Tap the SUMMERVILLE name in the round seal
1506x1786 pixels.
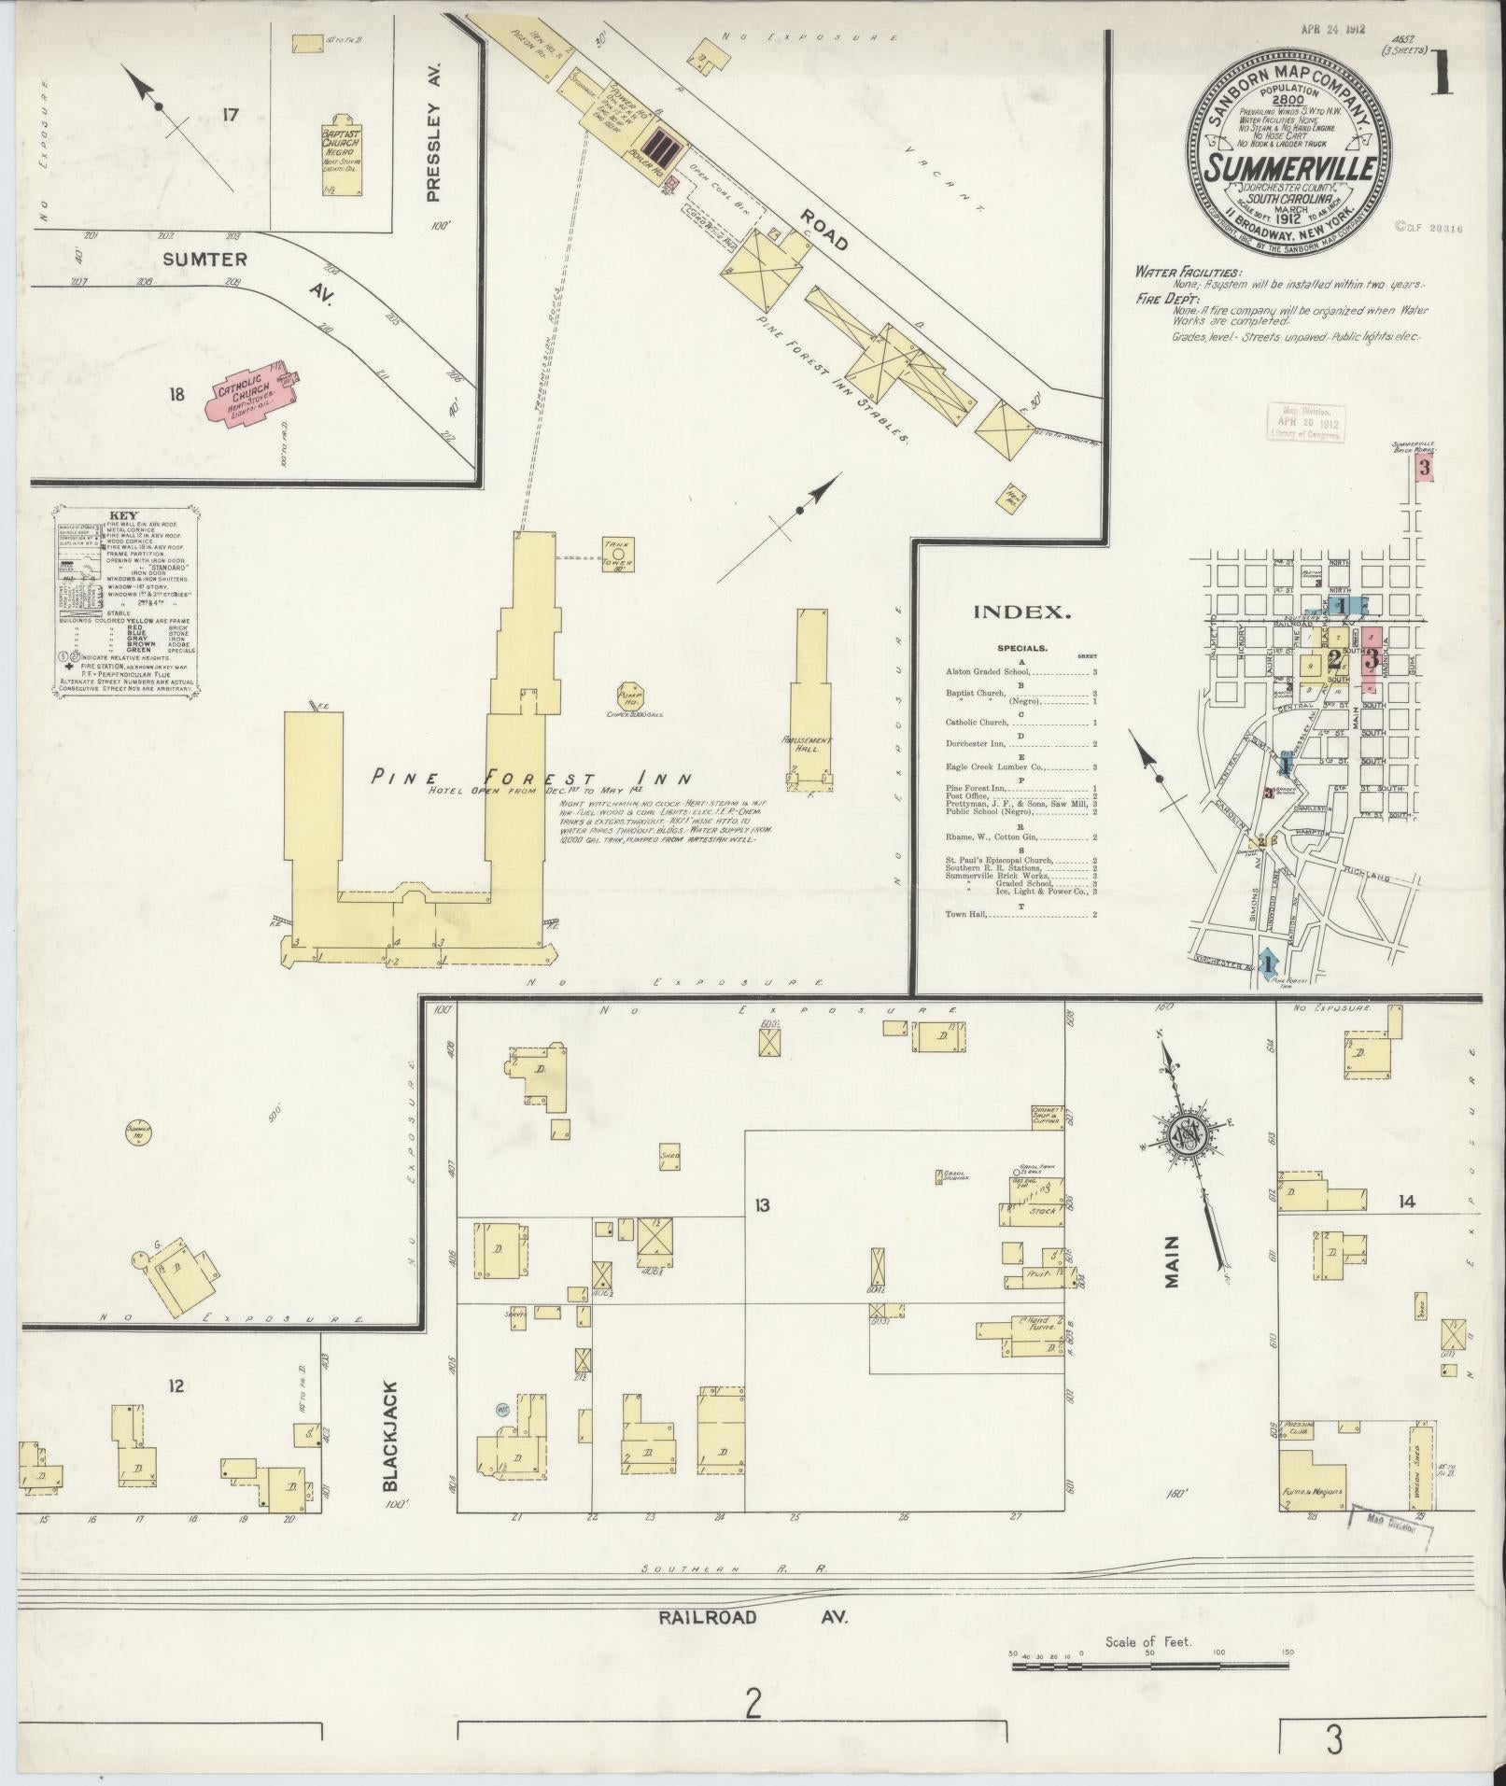click(x=1287, y=169)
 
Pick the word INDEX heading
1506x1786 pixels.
click(x=1021, y=612)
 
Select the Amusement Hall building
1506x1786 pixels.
click(x=809, y=700)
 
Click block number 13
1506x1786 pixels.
click(x=762, y=1205)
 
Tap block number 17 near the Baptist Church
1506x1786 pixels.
click(x=230, y=115)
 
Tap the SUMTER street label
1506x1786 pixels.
click(x=191, y=259)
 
